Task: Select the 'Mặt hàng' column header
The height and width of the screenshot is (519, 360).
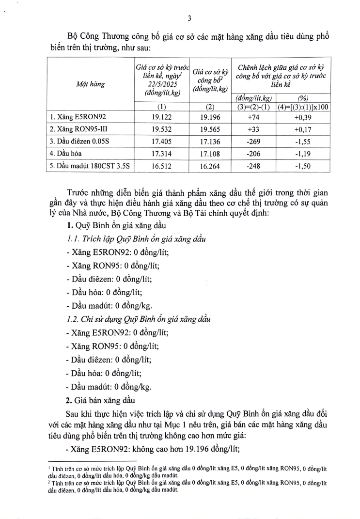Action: point(91,84)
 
